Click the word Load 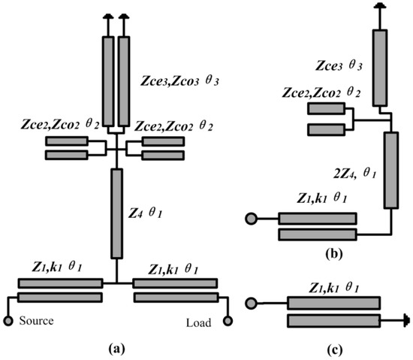[197, 322]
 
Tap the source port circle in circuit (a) [9, 322]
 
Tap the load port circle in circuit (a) [224, 322]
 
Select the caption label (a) [116, 349]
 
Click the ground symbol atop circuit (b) [380, 6]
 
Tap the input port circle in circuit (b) [249, 219]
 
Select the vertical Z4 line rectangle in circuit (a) [116, 212]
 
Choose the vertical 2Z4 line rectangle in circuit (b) [390, 170]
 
